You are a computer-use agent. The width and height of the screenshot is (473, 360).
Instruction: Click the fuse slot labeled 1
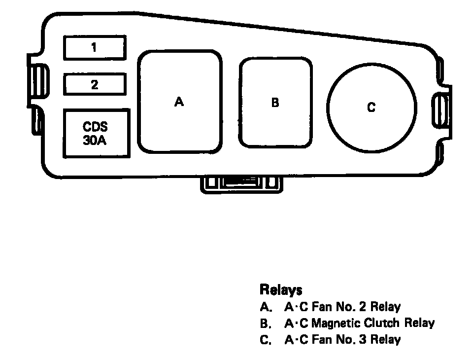94,48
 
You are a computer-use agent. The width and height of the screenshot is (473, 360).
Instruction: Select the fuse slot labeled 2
94,84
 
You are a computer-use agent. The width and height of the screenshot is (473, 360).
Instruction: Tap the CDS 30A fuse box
96,133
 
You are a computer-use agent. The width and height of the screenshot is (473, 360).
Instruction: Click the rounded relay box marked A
179,102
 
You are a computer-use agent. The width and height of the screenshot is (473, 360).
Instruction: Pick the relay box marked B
275,103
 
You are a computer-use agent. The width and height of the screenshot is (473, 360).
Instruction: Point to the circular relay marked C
372,108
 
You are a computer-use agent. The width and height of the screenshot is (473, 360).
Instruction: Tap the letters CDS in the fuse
95,127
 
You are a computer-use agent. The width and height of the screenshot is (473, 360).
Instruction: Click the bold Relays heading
281,289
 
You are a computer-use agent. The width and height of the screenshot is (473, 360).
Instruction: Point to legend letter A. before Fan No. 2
266,307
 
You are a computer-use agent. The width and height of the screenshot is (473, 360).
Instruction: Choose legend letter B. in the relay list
266,324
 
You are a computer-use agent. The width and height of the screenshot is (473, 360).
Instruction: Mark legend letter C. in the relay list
266,340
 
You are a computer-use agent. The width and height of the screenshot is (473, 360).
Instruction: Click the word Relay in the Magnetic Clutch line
419,324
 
